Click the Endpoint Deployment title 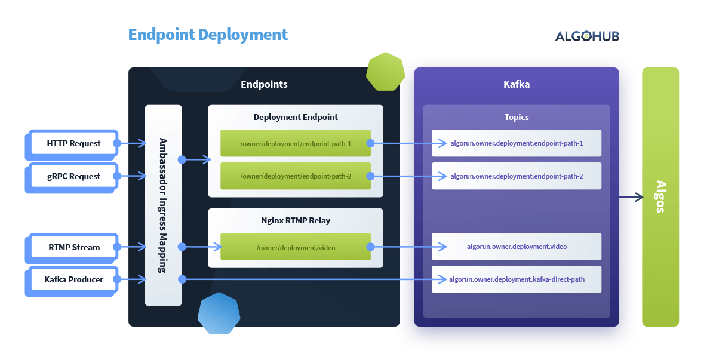pos(208,35)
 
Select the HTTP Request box pos(73,143)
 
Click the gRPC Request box pos(73,176)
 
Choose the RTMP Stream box pos(73,247)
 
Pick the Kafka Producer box pos(73,279)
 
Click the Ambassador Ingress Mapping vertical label pos(163,205)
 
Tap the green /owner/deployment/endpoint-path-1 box pos(296,143)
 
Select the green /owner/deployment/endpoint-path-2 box pos(296,176)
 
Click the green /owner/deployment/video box pos(296,247)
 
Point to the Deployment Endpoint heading pos(296,117)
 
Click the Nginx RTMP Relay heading pos(296,220)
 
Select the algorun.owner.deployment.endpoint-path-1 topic pos(517,143)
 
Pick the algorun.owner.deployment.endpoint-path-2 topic pos(517,176)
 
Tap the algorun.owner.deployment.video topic pos(517,247)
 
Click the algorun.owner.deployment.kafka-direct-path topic pos(517,279)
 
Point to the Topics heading pos(517,117)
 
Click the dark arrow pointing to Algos pos(631,196)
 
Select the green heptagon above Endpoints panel pos(385,72)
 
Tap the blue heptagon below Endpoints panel pos(219,313)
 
